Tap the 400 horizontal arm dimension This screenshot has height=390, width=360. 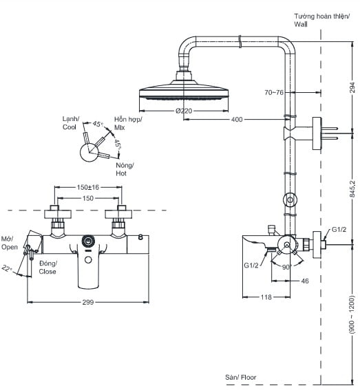point(236,120)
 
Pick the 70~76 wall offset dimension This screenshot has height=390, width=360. point(273,91)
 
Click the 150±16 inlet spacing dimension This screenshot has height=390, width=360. point(87,187)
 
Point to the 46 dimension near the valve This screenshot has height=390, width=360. point(305,281)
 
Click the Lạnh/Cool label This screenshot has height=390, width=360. point(70,123)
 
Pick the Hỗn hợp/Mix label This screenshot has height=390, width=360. point(128,123)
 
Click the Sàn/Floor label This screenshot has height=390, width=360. point(240,378)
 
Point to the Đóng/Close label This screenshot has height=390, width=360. point(47,267)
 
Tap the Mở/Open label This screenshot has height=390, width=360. point(10,242)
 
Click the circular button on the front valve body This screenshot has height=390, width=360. point(87,241)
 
